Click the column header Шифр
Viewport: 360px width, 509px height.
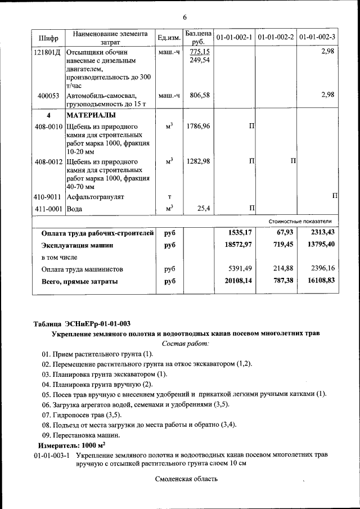(48, 38)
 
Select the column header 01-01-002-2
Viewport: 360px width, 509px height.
(276, 38)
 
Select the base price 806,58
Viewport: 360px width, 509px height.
(200, 96)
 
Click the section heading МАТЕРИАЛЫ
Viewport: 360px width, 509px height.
(91, 115)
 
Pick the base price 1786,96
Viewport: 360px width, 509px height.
(198, 126)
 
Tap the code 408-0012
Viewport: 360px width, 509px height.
(48, 162)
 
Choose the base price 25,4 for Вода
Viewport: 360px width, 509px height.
(203, 209)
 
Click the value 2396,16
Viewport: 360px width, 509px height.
(320, 269)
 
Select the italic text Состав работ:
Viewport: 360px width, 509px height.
(185, 343)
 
